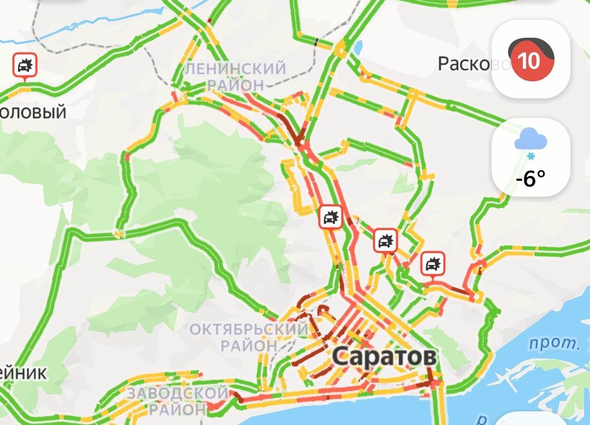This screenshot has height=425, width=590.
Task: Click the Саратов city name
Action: click(x=384, y=357)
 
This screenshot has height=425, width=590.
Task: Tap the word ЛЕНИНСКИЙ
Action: click(x=235, y=69)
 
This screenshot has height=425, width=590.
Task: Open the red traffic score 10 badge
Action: click(x=529, y=60)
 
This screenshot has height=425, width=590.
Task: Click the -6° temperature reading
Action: click(x=530, y=178)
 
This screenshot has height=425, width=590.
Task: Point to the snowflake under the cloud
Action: click(x=530, y=157)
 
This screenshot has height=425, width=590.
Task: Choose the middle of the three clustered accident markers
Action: click(x=385, y=241)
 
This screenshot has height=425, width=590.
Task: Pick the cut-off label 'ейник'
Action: click(x=23, y=373)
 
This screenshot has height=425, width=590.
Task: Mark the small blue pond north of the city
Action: click(x=358, y=48)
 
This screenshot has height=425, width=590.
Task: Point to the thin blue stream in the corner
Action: click(x=82, y=27)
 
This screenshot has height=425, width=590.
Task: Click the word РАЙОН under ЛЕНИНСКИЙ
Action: click(x=235, y=85)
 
